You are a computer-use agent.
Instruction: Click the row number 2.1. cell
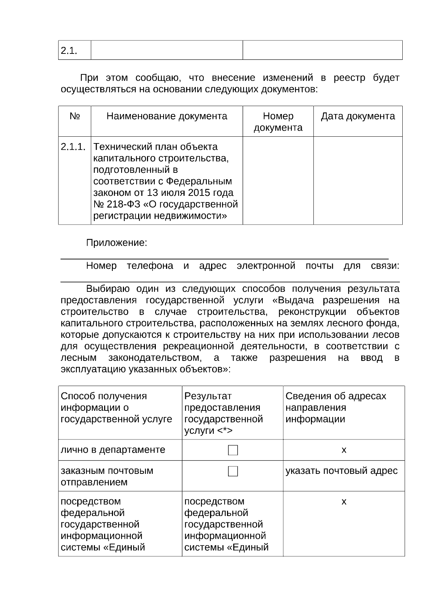(69, 51)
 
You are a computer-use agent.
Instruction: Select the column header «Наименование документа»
(167, 116)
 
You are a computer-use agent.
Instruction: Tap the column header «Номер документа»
(278, 122)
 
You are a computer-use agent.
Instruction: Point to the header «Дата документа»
(358, 116)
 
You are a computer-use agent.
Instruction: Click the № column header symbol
(75, 116)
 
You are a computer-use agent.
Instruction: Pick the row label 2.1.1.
(73, 147)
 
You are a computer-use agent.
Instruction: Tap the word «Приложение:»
(117, 243)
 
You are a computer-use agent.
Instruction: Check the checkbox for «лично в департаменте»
(233, 450)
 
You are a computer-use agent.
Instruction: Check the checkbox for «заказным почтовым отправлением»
(233, 471)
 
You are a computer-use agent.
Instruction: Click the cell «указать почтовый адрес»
(341, 471)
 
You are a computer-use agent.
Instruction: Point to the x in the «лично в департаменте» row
(344, 450)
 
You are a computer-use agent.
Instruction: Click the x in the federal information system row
(344, 501)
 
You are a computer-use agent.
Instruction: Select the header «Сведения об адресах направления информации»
(336, 407)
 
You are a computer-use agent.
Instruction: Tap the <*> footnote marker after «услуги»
(225, 431)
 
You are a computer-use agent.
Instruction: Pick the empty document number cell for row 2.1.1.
(278, 181)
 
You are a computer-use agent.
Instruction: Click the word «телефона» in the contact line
(150, 266)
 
